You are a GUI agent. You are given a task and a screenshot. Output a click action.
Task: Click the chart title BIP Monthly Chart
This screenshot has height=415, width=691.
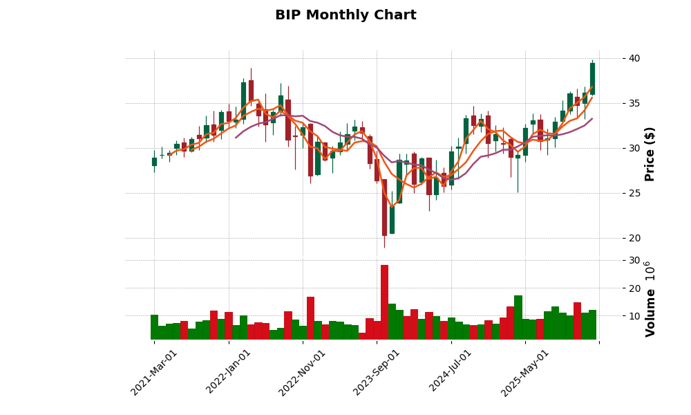pos(345,15)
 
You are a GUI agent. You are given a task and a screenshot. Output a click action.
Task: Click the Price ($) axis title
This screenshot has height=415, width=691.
pos(650,154)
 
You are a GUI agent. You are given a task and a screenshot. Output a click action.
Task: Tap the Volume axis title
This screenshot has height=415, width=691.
pos(650,299)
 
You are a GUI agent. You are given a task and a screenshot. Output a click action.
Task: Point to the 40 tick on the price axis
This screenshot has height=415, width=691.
pos(630,58)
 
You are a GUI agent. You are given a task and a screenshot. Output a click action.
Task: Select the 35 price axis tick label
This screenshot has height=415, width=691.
pos(630,103)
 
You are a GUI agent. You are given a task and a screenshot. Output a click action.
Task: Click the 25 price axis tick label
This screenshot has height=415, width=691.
pos(630,193)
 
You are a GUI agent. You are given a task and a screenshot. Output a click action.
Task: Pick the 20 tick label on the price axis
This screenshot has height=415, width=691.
pos(630,238)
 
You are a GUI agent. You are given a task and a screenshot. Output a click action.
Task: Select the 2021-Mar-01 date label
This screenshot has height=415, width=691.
pos(154,372)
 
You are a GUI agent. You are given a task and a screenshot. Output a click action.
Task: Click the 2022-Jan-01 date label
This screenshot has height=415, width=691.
pos(229,372)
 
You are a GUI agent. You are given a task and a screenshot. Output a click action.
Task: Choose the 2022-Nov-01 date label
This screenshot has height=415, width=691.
pos(303,372)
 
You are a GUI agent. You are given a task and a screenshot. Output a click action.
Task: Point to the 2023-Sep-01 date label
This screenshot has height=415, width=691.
pos(377,372)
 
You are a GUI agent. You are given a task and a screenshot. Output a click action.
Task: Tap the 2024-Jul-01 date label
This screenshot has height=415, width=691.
pos(451,372)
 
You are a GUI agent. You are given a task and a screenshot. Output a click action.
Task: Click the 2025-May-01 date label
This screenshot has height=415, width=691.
pos(525,372)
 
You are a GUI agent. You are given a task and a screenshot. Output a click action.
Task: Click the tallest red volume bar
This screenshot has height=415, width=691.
pos(384,302)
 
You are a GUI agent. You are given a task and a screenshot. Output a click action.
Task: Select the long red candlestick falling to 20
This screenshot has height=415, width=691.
pos(384,207)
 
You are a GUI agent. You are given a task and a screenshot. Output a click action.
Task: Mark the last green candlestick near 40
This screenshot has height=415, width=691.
pos(592,78)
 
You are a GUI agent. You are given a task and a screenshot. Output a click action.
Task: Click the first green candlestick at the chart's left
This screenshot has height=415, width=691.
pos(154,162)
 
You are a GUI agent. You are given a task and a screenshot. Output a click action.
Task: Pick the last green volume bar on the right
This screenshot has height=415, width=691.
pos(592,324)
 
